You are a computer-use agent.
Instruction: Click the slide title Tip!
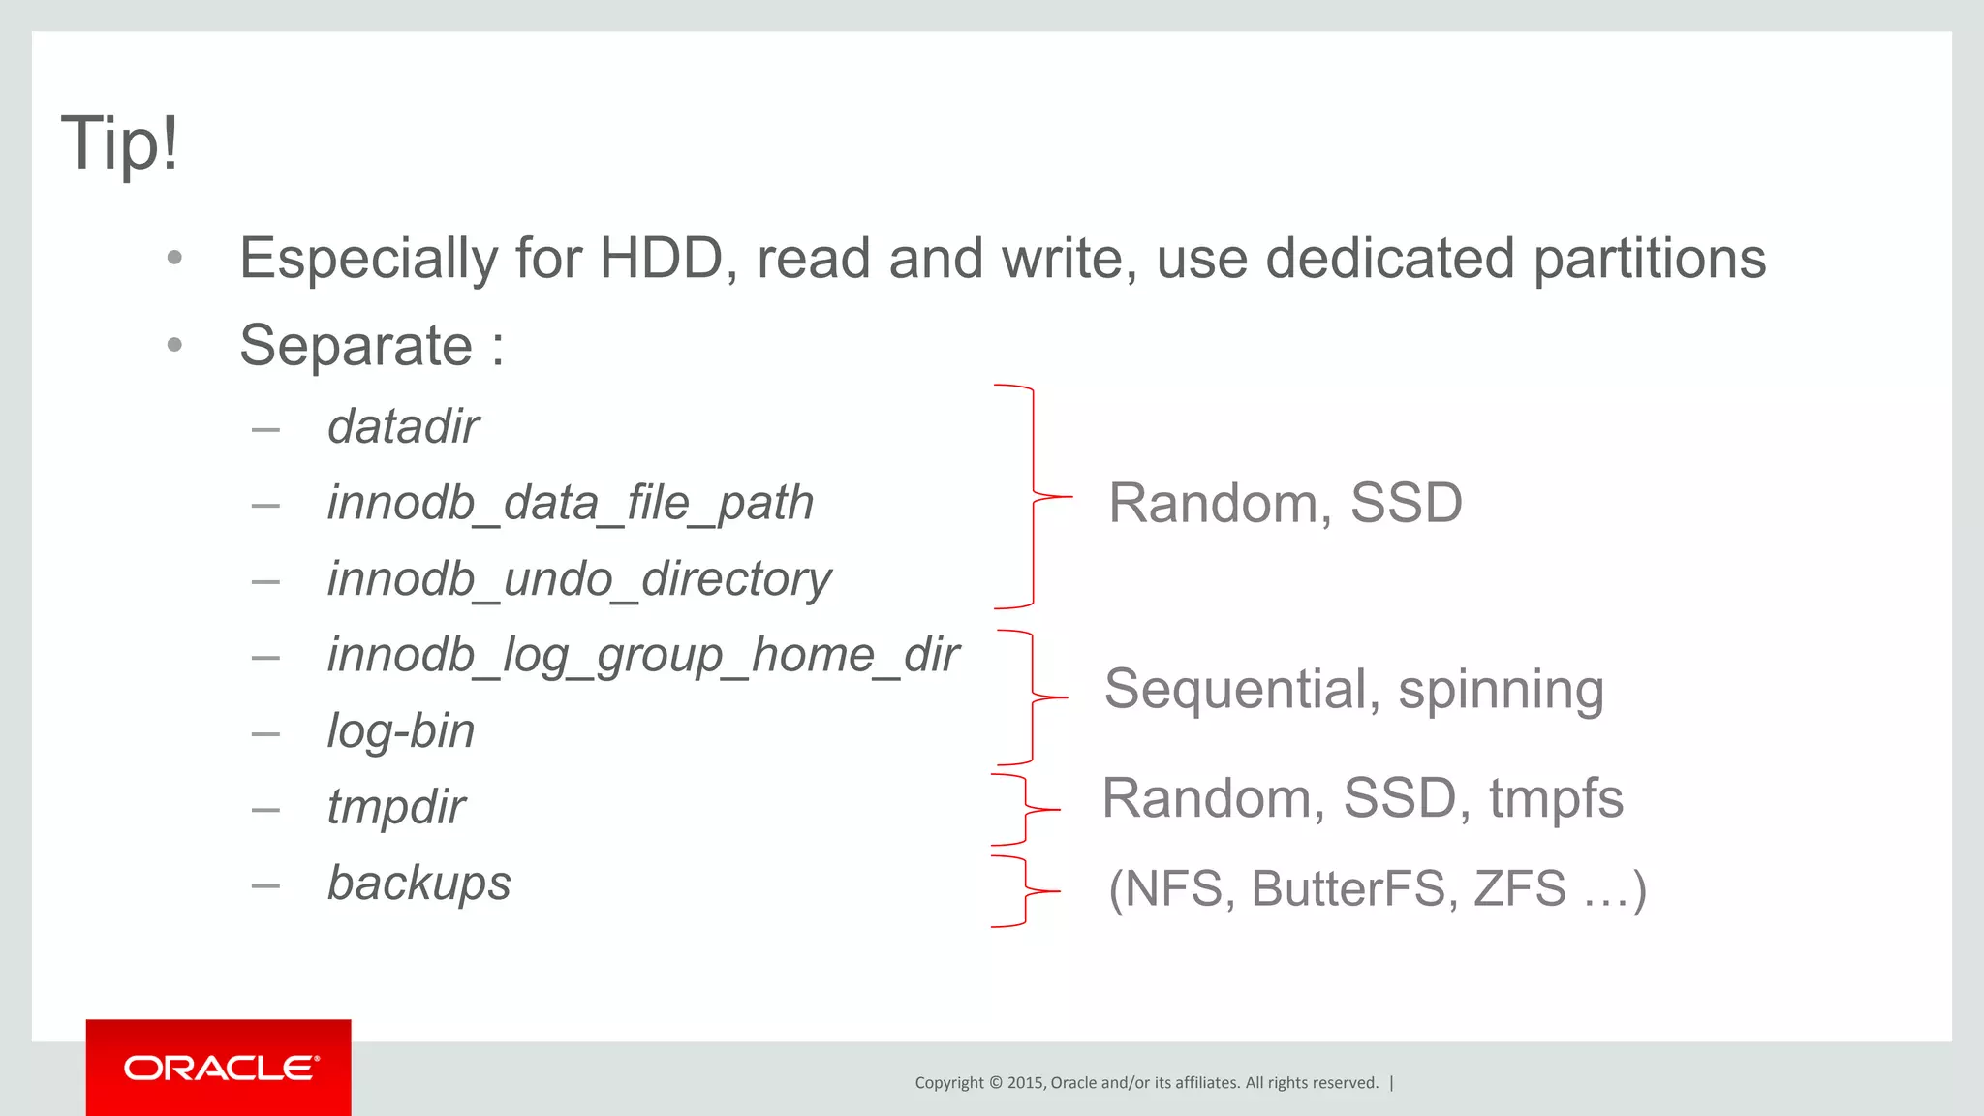click(120, 143)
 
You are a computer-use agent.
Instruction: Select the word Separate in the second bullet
click(356, 346)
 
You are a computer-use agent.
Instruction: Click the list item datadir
click(403, 426)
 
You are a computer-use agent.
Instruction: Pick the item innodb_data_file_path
click(570, 503)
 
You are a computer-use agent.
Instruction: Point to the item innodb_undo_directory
click(578, 579)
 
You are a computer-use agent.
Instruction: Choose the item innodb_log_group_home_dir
click(642, 655)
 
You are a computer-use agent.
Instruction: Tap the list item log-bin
click(400, 731)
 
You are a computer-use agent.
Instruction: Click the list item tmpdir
click(395, 807)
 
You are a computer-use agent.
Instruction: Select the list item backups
click(418, 883)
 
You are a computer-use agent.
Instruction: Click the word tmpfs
click(1556, 798)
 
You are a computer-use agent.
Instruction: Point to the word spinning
click(1501, 690)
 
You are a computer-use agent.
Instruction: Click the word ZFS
click(1519, 888)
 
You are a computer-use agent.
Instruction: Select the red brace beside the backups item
click(1025, 891)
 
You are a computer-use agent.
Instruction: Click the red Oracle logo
click(219, 1068)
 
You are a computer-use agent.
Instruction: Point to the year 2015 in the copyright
click(1025, 1083)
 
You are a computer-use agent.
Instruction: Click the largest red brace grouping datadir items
click(1033, 497)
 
